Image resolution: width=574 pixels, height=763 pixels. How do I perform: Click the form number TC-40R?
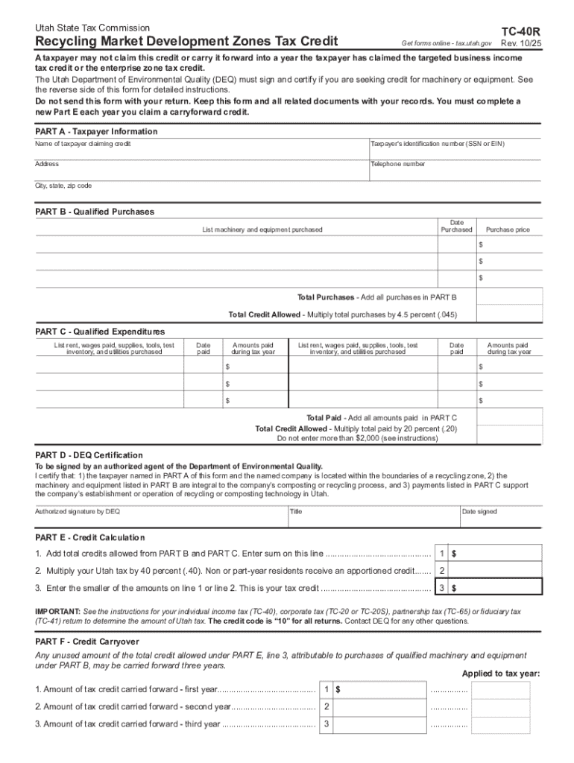click(x=520, y=31)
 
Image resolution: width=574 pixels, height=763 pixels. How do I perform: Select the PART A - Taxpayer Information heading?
click(x=96, y=131)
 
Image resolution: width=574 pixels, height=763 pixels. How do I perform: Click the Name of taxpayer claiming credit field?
click(x=201, y=149)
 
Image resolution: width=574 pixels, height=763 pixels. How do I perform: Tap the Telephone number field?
click(x=455, y=170)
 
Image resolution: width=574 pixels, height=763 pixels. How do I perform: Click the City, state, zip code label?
click(x=63, y=186)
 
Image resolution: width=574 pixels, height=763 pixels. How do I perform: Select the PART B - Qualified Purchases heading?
click(x=95, y=212)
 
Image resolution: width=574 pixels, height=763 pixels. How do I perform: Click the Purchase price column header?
click(x=508, y=229)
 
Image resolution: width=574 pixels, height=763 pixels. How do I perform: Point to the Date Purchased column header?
click(x=457, y=227)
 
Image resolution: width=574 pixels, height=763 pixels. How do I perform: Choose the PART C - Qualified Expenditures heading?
click(x=100, y=332)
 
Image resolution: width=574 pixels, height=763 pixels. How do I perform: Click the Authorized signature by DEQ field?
click(x=160, y=517)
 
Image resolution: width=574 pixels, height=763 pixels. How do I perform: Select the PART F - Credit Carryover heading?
click(x=87, y=642)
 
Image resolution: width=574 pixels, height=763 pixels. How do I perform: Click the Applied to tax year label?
click(x=500, y=674)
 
